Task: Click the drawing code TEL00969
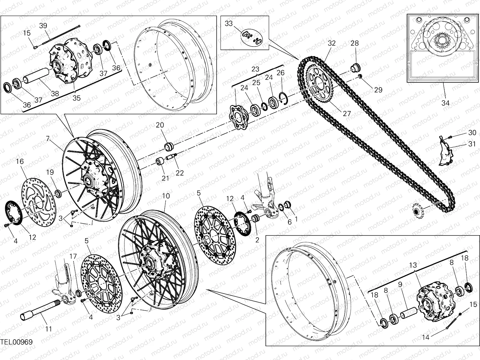pyautogui.click(x=16, y=342)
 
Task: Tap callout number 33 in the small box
pyautogui.click(x=229, y=24)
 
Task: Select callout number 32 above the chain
pyautogui.click(x=331, y=43)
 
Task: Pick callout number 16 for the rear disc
pyautogui.click(x=20, y=162)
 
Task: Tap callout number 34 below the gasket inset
pyautogui.click(x=445, y=103)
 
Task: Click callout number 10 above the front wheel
pyautogui.click(x=166, y=196)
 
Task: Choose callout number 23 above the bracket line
pyautogui.click(x=255, y=69)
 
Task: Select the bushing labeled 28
pyautogui.click(x=356, y=67)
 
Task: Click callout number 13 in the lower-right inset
pyautogui.click(x=413, y=265)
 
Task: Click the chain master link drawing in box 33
pyautogui.click(x=251, y=38)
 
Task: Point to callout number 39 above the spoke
pyautogui.click(x=43, y=25)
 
